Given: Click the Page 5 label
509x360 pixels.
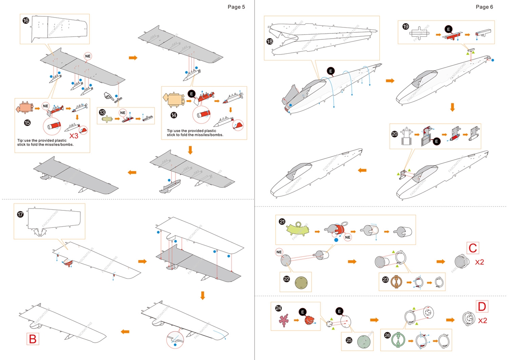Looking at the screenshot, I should pos(236,7).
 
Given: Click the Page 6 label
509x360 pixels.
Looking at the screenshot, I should pos(484,7).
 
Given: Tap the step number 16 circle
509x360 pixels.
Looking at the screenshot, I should pos(26,21).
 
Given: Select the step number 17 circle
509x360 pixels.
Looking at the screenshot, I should pos(20,214).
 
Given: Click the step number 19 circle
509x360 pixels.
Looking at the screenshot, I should pos(405,27).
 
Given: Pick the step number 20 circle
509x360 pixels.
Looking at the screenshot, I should pos(394,134).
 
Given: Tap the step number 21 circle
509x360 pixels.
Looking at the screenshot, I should pos(282,222).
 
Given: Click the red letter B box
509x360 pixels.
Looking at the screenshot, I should pos(32,339).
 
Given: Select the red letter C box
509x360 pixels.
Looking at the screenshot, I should pos(472,248).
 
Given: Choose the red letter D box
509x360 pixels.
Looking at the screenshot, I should pos(482,307).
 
